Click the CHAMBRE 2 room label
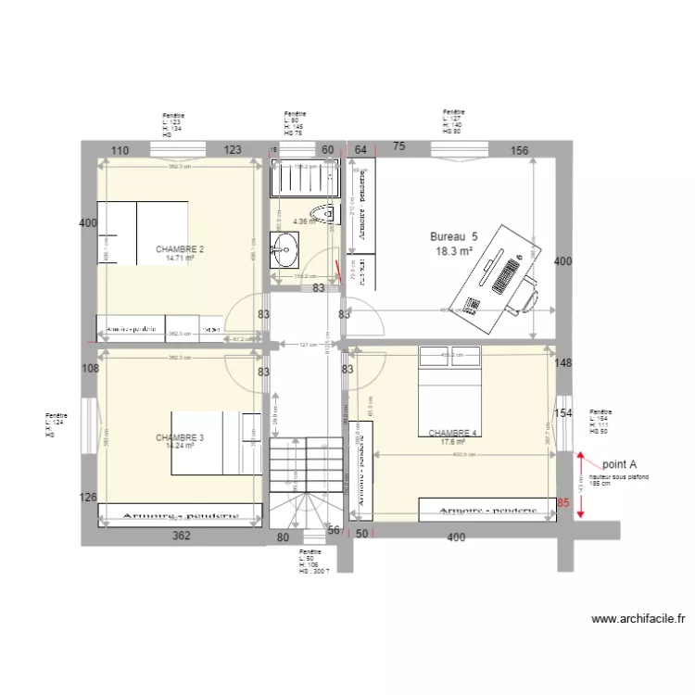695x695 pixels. [x=180, y=249]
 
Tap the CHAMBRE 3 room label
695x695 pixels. [x=180, y=437]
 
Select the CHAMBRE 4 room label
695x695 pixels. [x=452, y=433]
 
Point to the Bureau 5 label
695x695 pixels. [x=454, y=236]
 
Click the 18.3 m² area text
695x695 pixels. [x=454, y=251]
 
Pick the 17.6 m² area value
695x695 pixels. [x=452, y=442]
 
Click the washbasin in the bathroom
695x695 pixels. [x=285, y=248]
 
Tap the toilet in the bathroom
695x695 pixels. [x=324, y=214]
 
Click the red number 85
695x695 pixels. [x=563, y=504]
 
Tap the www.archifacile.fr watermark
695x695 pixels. [x=638, y=619]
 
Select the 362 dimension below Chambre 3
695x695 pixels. [x=182, y=537]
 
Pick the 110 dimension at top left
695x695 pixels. [x=120, y=150]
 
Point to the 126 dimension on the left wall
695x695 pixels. [x=89, y=498]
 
